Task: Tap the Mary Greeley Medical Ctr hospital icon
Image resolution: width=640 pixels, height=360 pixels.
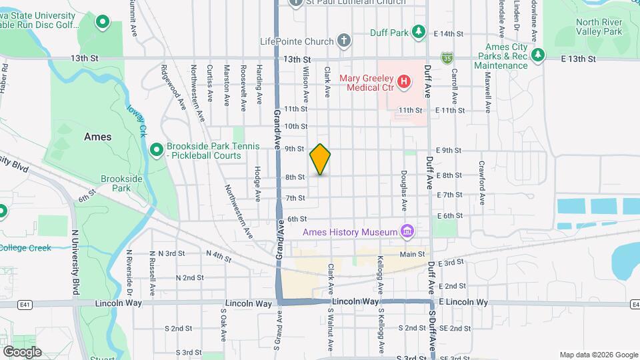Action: (403, 82)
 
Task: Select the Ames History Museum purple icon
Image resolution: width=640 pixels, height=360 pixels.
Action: (407, 232)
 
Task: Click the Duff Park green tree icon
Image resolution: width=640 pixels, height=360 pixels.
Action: (418, 31)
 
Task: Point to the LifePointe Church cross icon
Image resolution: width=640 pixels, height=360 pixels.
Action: (344, 41)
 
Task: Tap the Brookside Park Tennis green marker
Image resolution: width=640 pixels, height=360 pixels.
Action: (156, 151)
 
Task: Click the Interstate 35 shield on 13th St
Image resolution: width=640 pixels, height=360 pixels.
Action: (445, 59)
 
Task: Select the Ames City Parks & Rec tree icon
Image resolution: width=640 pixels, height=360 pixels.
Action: (538, 53)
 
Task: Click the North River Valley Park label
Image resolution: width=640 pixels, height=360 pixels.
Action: (598, 26)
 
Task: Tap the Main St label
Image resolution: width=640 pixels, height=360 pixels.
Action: (412, 254)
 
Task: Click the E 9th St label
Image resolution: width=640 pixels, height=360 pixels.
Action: (448, 151)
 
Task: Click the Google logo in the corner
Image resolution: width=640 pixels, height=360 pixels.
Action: (22, 351)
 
